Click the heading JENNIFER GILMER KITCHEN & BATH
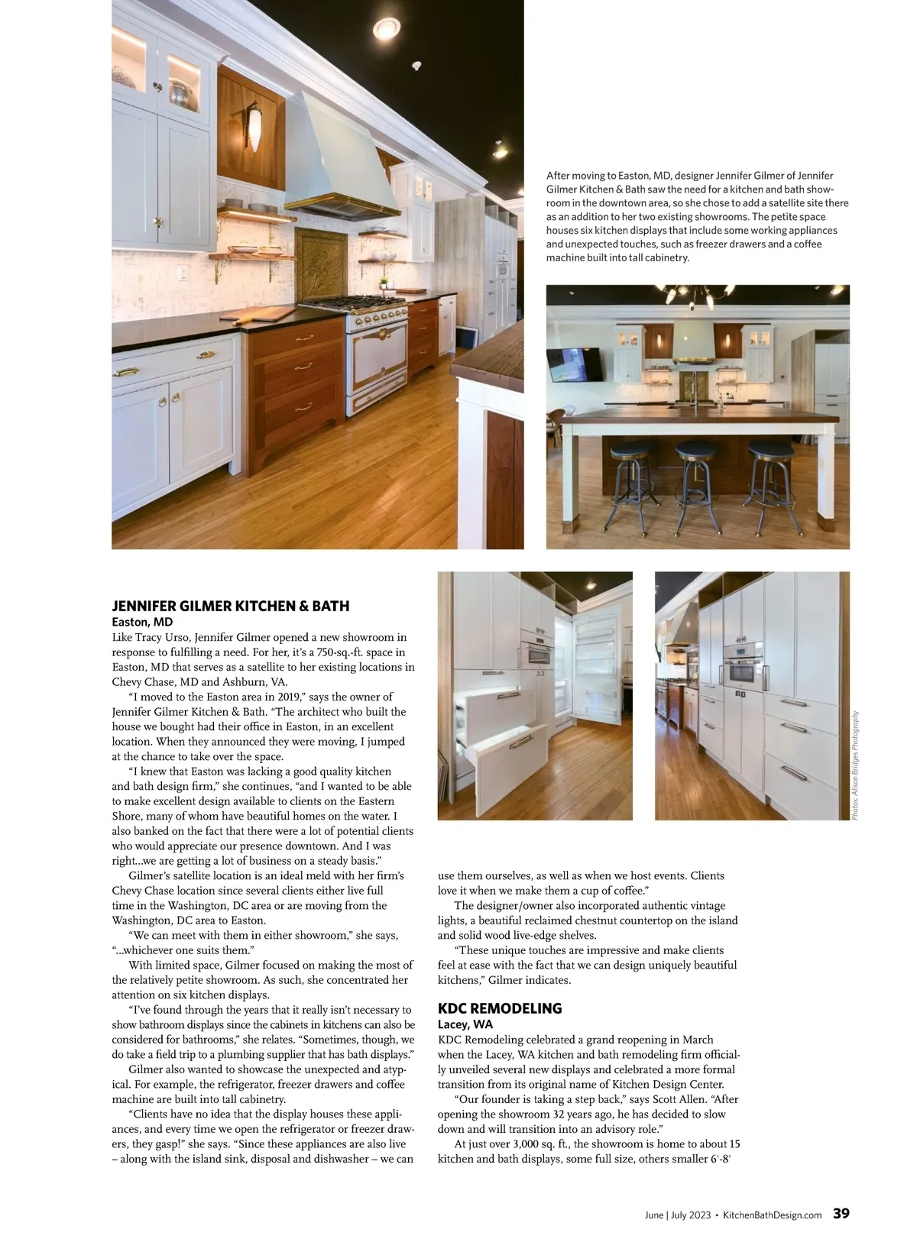[230, 606]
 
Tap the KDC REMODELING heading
[499, 1008]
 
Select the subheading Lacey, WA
[465, 1024]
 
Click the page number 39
[841, 1213]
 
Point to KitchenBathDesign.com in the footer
[772, 1215]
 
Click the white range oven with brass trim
[378, 359]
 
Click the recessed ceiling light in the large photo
[387, 30]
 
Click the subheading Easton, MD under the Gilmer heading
[142, 622]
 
